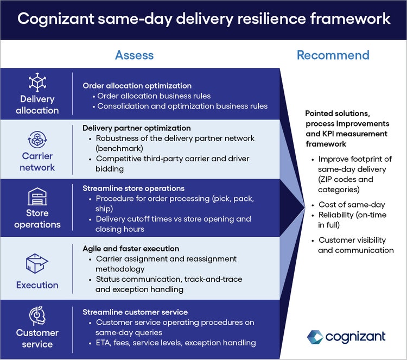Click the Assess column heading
(134, 55)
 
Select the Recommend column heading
(333, 55)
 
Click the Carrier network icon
(37, 138)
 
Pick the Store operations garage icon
(37, 195)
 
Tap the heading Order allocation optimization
(137, 85)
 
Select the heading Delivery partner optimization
(136, 128)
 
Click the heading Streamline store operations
(133, 188)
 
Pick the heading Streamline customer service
(135, 312)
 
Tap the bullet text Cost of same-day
(352, 204)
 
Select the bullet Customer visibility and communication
(355, 245)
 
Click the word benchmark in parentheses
(120, 148)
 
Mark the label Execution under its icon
(37, 285)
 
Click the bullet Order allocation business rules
(154, 96)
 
